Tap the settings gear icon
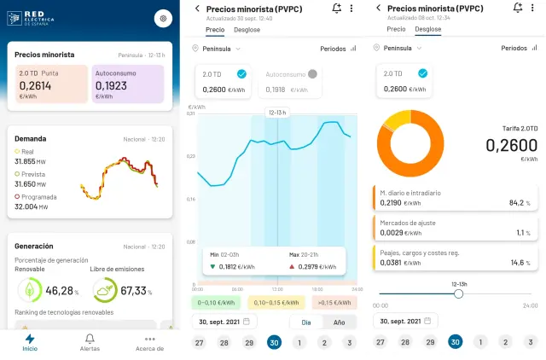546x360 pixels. tap(163, 18)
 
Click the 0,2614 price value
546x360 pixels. tap(35, 85)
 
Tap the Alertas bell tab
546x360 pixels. tap(90, 342)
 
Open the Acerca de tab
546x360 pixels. tap(149, 342)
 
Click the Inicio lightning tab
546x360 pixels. tap(30, 342)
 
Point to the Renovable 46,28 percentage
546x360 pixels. tap(60, 291)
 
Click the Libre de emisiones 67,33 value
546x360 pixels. tap(133, 291)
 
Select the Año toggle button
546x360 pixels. tap(340, 322)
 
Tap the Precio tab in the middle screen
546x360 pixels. tap(215, 29)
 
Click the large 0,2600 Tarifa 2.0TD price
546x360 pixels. tap(511, 145)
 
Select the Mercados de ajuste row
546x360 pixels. tap(456, 227)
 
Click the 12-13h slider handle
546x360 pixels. tap(459, 293)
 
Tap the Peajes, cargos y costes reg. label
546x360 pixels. tap(420, 252)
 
